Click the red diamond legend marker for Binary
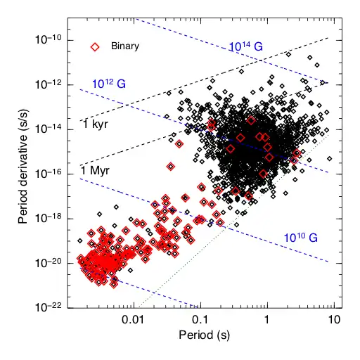[x=94, y=46]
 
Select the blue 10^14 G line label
[x=246, y=47]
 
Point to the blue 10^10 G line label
[x=300, y=238]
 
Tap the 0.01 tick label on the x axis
[x=133, y=320]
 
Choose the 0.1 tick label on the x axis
[x=200, y=320]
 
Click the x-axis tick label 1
[x=267, y=320]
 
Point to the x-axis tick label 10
[x=334, y=320]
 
